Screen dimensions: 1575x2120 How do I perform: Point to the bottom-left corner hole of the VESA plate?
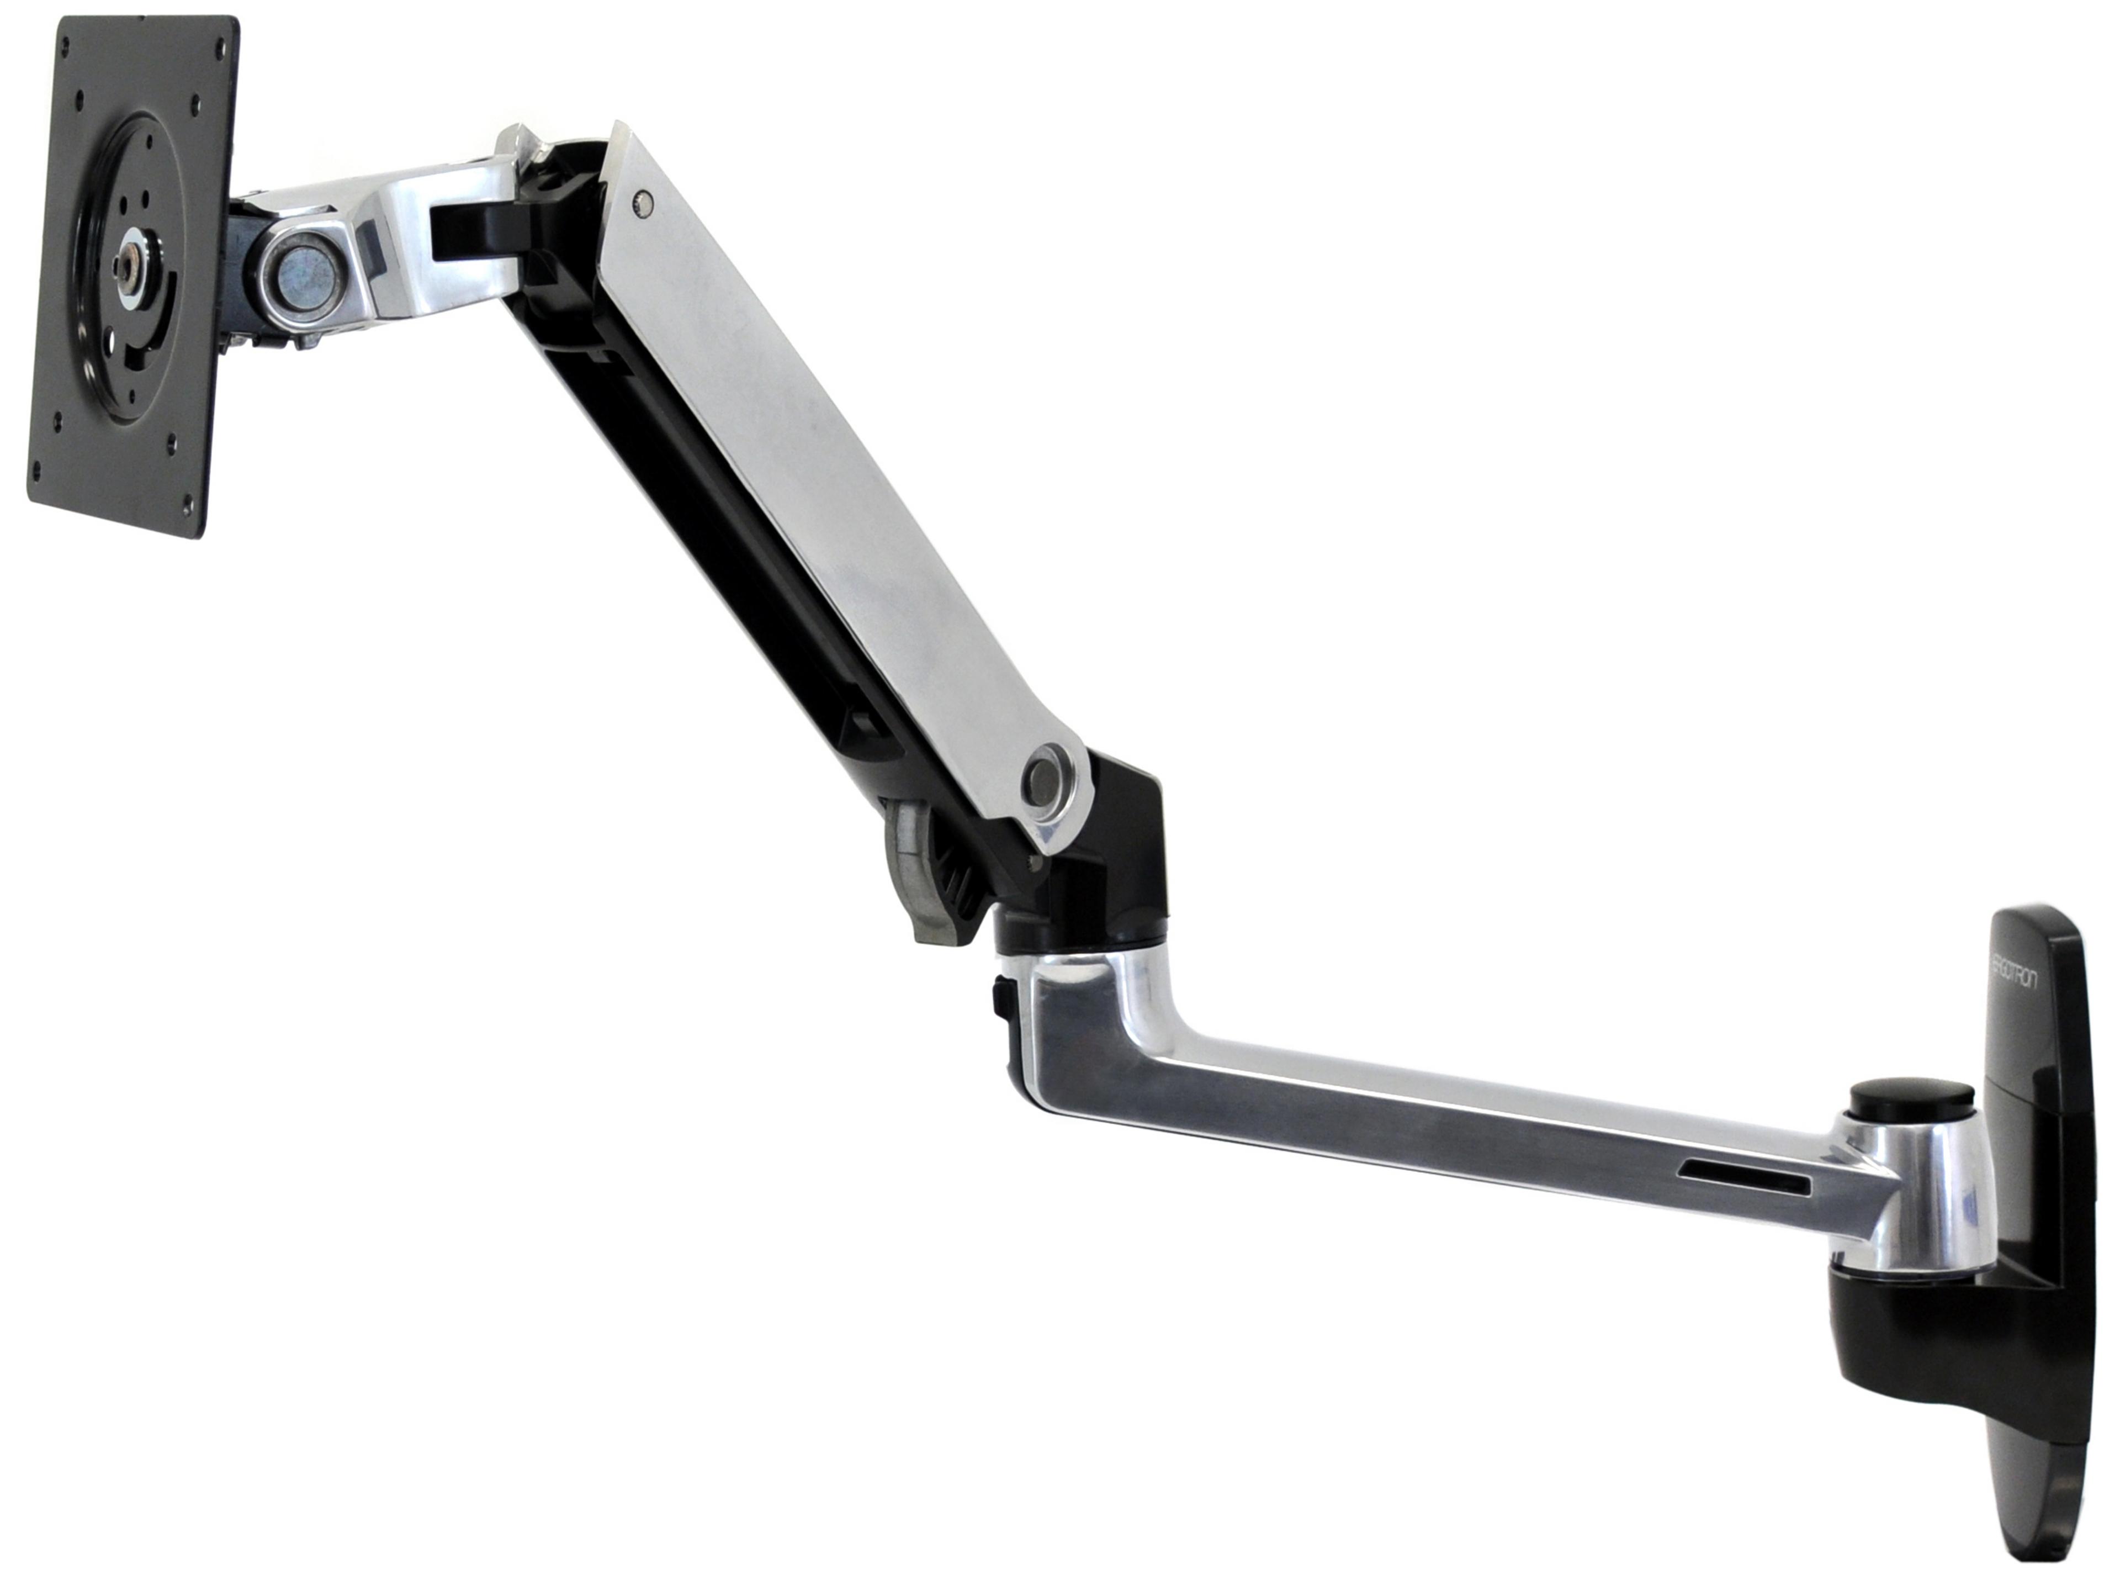point(38,469)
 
